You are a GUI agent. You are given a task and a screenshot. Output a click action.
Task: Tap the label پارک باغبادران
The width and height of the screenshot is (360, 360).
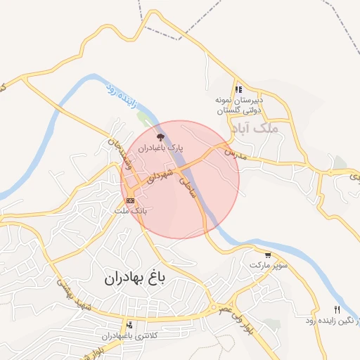tap(160, 148)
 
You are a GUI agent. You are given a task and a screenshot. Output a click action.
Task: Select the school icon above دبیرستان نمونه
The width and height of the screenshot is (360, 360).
tap(238, 89)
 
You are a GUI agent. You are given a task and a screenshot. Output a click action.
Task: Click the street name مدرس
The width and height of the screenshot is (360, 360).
tap(231, 153)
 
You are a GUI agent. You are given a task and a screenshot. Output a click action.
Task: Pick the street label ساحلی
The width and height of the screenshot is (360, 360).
tap(187, 186)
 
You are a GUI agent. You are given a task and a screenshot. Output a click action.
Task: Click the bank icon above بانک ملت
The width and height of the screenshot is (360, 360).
tap(130, 200)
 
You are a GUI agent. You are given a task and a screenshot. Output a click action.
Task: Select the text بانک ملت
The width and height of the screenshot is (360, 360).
tap(131, 210)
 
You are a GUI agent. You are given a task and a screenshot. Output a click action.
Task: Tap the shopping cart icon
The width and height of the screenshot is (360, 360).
tap(268, 255)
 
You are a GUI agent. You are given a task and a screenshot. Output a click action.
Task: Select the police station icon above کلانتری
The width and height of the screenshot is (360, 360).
tap(129, 325)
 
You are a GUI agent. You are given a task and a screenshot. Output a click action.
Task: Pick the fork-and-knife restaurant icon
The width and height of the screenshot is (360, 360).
tap(337, 310)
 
